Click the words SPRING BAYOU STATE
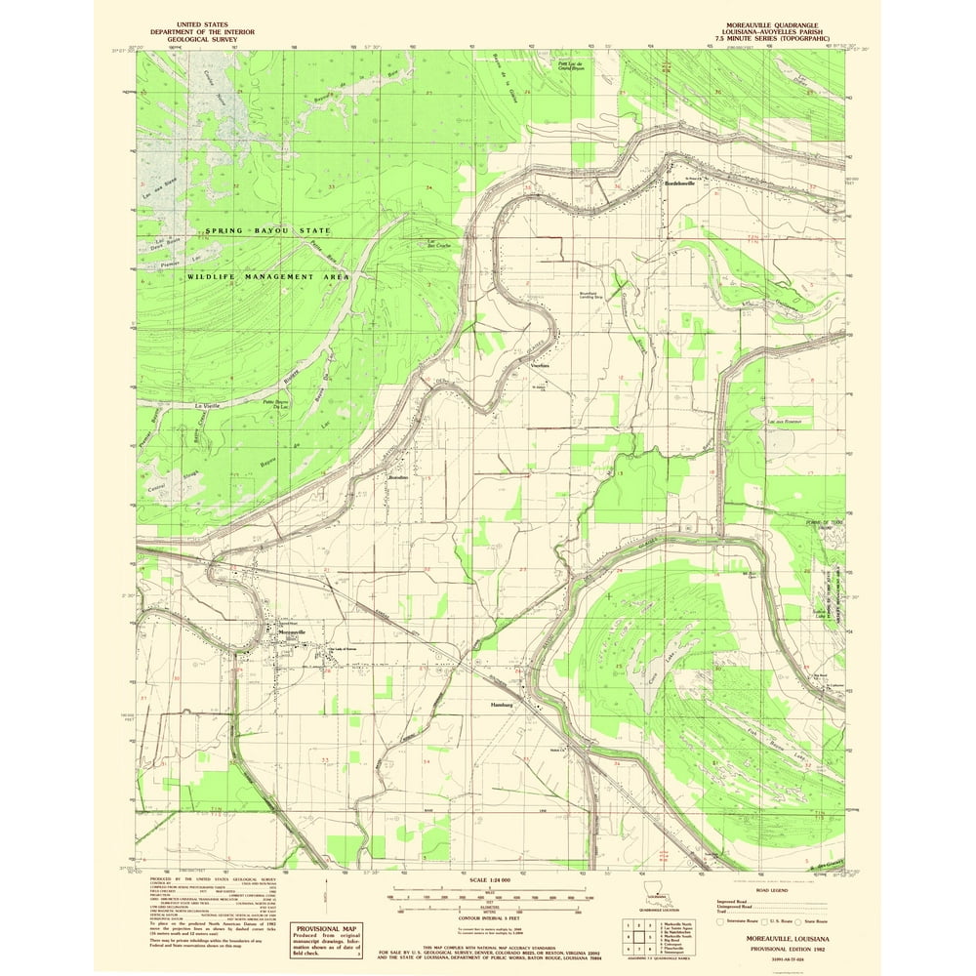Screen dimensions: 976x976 point(267,230)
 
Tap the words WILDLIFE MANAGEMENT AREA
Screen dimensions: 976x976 point(267,277)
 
